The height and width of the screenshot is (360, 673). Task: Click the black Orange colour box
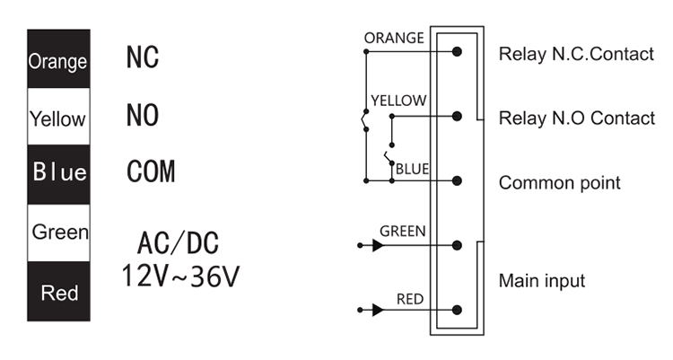pos(58,60)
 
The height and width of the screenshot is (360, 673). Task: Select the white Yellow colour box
pos(58,118)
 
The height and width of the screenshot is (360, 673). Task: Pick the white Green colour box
pos(58,233)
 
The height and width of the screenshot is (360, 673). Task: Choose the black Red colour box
pos(58,293)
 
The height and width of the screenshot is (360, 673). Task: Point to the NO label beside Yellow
pos(143,116)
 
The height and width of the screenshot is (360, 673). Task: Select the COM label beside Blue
pos(151,172)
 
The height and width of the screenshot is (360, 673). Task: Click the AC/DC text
pos(178,243)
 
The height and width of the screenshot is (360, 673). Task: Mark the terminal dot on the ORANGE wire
pos(458,53)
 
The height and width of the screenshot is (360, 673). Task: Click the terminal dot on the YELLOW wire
pos(458,116)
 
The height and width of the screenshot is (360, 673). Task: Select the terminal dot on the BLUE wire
pos(458,180)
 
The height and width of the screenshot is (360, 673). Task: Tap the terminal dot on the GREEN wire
pos(458,244)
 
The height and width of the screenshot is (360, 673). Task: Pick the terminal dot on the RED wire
pos(458,311)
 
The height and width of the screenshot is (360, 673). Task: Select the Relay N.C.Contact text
pos(576,55)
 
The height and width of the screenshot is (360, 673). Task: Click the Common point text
pos(559,183)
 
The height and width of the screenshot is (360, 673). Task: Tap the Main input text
pos(541,281)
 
